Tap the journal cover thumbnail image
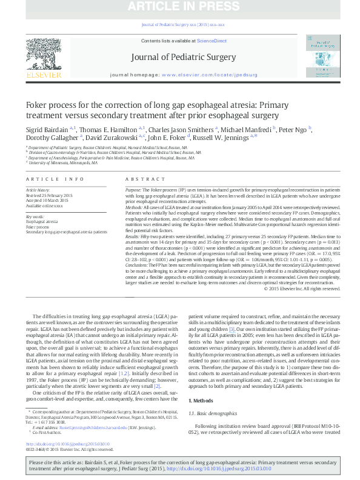pyautogui.click(x=322, y=56)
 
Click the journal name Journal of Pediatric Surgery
pyautogui.click(x=182, y=58)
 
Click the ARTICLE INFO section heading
pyautogui.click(x=55, y=180)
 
